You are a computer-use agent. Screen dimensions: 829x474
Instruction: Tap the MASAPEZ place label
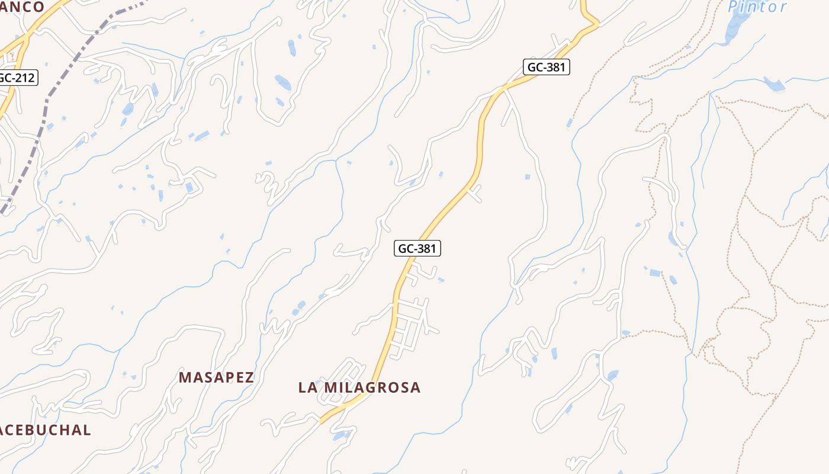point(216,377)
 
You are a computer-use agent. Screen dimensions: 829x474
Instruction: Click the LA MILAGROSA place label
point(359,387)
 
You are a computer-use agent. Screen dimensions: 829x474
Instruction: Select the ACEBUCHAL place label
point(45,430)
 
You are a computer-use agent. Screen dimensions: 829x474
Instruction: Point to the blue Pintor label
point(757,7)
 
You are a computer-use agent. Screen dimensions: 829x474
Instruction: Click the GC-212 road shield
point(17,78)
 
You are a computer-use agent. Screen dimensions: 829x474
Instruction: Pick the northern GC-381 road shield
point(546,67)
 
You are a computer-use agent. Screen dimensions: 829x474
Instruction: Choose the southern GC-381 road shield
point(417,248)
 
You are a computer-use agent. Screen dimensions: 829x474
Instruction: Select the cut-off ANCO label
point(22,7)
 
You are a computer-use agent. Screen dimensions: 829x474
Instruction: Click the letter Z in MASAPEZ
point(249,377)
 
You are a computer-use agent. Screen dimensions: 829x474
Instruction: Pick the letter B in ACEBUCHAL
point(34,430)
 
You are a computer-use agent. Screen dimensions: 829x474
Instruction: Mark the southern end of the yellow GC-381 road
point(322,421)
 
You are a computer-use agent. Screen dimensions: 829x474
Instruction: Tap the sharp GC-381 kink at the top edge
point(597,24)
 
